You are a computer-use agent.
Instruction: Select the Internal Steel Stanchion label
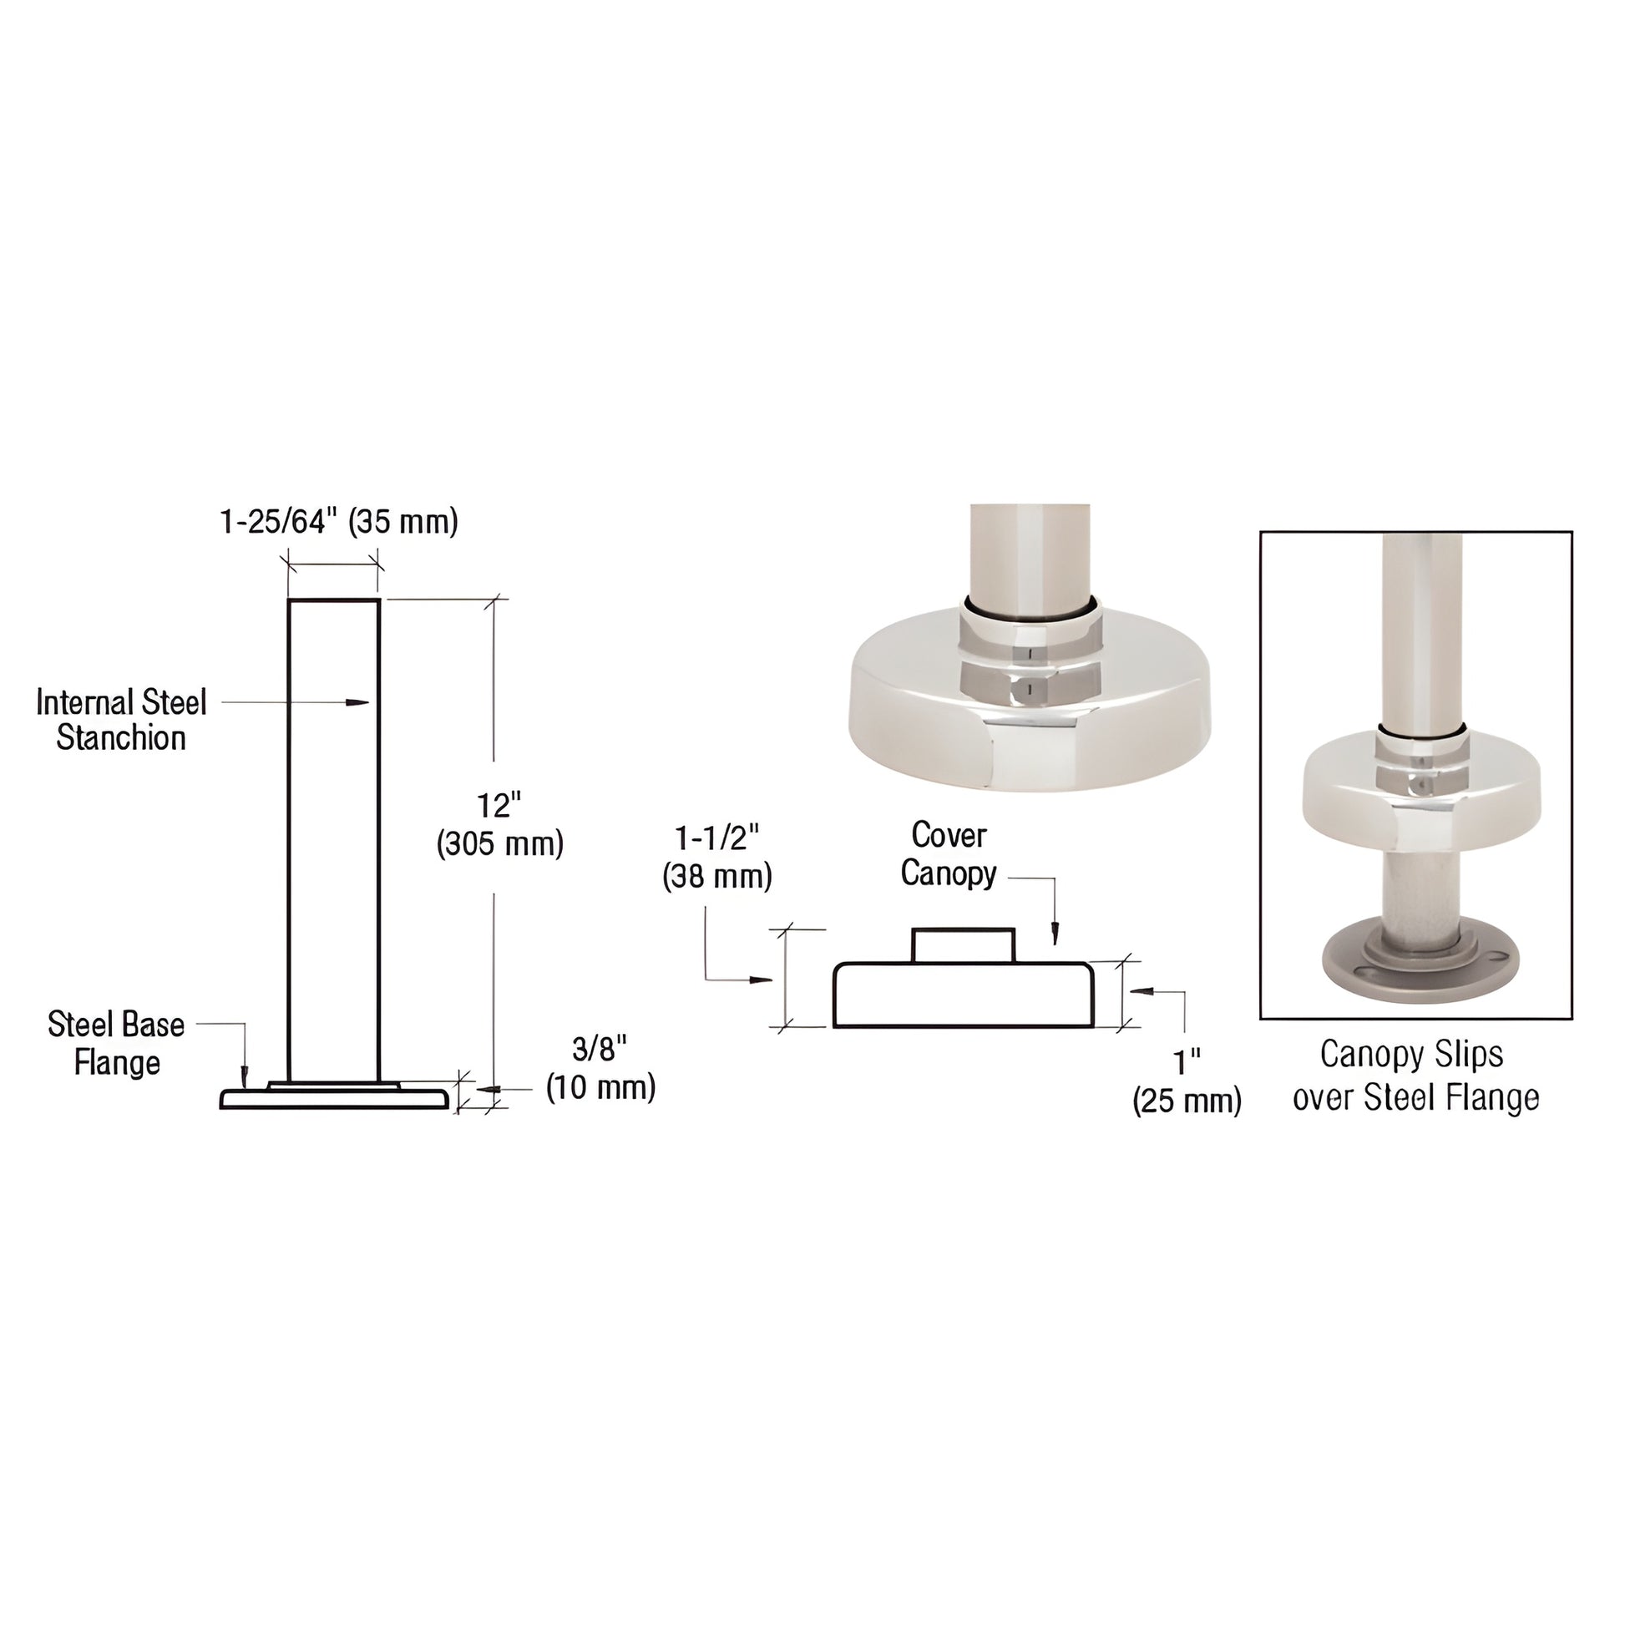pyautogui.click(x=121, y=720)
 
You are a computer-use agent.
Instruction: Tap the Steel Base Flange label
pyautogui.click(x=116, y=1044)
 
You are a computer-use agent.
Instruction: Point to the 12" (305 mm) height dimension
pyautogui.click(x=499, y=825)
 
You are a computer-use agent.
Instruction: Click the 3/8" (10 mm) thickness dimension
pyautogui.click(x=600, y=1069)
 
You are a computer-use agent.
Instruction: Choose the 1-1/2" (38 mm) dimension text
pyautogui.click(x=716, y=858)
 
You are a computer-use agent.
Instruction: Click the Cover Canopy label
pyautogui.click(x=948, y=853)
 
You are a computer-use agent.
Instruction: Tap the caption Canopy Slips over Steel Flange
pyautogui.click(x=1415, y=1076)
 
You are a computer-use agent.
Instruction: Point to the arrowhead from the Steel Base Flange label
pyautogui.click(x=244, y=1075)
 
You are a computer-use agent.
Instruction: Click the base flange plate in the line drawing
pyautogui.click(x=335, y=1099)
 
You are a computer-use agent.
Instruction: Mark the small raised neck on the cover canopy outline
pyautogui.click(x=963, y=945)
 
